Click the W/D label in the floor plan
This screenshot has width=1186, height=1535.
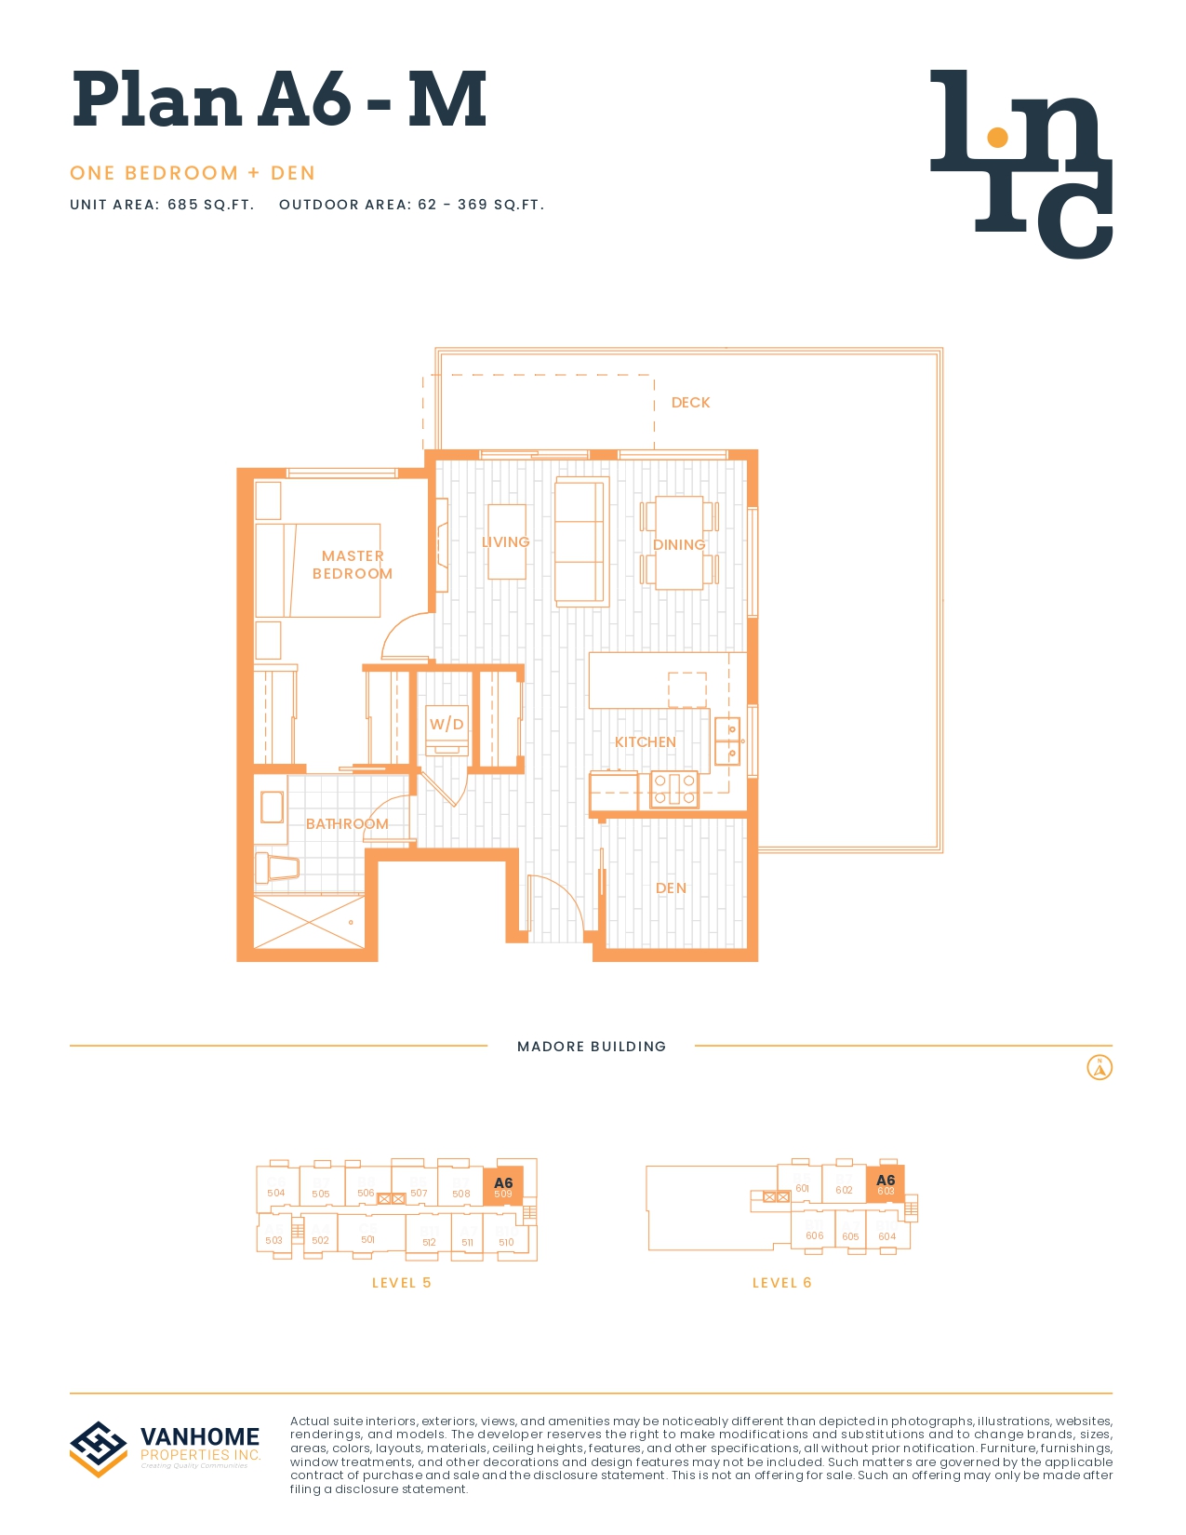pos(446,724)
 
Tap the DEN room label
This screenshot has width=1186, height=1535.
pos(671,888)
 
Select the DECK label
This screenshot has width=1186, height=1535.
pos(690,403)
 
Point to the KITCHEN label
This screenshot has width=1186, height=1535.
pos(645,742)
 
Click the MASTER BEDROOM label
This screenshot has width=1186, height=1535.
pos(353,565)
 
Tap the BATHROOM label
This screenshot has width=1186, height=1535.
pos(347,824)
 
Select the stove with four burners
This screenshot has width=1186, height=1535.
pos(674,790)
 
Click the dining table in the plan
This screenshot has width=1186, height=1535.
pos(679,543)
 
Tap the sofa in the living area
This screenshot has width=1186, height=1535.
pos(581,541)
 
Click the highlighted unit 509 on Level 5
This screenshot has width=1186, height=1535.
pos(503,1187)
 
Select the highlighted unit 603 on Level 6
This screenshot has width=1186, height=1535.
pos(886,1184)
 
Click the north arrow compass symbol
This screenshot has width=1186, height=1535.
pos(1099,1068)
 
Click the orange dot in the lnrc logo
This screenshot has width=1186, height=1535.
pos(997,138)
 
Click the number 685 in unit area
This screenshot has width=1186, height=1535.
pos(182,205)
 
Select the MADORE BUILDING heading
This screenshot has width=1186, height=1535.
pos(592,1047)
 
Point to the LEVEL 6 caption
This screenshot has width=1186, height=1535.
pos(781,1283)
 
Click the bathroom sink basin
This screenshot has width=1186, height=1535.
pos(272,808)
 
